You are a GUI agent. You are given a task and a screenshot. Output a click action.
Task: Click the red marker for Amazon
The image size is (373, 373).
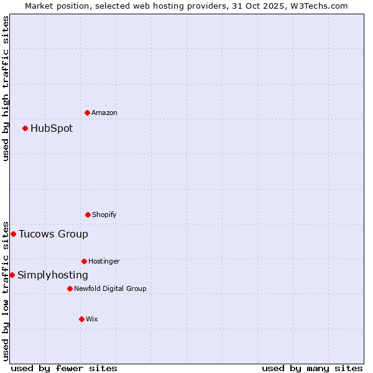coord(87,113)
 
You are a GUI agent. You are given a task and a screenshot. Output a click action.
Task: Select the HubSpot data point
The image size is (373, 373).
coord(25,128)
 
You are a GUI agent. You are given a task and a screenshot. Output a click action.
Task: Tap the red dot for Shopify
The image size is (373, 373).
coord(88,214)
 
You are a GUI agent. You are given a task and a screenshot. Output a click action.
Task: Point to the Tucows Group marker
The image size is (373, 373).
coord(13,234)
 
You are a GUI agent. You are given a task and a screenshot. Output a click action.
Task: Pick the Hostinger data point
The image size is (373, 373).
coord(84,261)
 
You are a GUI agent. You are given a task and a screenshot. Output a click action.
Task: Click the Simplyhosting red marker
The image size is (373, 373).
coord(12,275)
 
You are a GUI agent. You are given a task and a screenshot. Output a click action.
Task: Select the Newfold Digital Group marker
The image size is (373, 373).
coord(70,288)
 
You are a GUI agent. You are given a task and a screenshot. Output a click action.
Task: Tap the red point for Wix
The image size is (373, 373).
coord(81,319)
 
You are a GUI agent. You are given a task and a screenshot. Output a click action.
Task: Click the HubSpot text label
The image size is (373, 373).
coord(52,129)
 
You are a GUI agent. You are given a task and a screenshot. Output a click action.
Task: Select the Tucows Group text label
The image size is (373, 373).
coord(53,234)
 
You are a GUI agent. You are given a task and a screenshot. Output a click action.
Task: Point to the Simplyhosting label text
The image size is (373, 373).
coord(53,275)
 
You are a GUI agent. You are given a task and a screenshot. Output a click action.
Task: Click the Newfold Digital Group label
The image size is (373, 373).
coord(110,288)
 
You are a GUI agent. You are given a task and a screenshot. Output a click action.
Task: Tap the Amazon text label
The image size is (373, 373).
coord(104,113)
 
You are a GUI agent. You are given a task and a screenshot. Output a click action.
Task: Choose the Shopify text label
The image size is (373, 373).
coord(104,214)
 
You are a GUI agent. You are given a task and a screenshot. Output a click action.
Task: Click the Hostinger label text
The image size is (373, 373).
coord(104,261)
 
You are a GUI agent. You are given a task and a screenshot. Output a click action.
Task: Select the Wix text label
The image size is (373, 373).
coord(92,319)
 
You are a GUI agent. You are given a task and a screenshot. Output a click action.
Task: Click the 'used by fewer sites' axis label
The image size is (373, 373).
coord(64,368)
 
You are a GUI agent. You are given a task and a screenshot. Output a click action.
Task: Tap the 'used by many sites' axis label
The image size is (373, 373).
coord(312,368)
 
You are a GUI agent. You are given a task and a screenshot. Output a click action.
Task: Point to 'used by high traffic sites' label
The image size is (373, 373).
coord(6,88)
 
